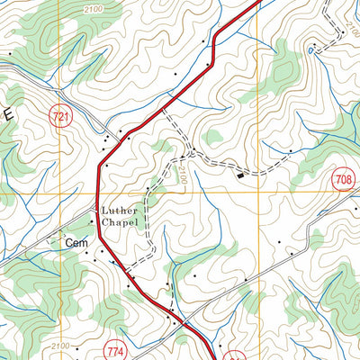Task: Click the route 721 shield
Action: coord(60,116)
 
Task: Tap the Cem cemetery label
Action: coord(76,242)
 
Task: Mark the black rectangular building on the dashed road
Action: coord(241,176)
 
